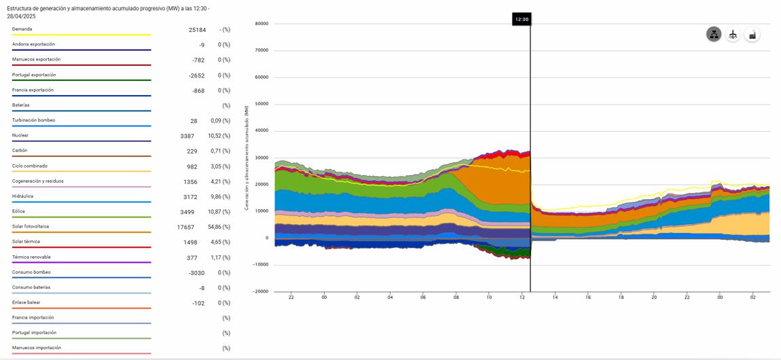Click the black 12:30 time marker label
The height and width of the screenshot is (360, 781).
[x=522, y=19]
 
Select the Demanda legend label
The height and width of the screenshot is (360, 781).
[x=22, y=29]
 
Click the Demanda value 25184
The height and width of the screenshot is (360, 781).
[x=196, y=30]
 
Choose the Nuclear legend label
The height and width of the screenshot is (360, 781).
[x=20, y=135]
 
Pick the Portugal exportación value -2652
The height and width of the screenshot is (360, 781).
[x=196, y=75]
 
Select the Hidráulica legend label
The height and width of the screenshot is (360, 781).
[x=23, y=196]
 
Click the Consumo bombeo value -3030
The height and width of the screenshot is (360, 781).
[x=195, y=272]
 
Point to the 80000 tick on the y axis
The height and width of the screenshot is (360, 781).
[x=261, y=24]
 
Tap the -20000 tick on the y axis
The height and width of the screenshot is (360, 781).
[x=260, y=291]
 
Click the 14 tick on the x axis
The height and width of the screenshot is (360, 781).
[x=555, y=297]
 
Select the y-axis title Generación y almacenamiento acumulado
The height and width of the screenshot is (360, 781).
[x=247, y=157]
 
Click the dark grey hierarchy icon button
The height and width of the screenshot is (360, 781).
[x=713, y=35]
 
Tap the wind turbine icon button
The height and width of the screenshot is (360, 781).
[x=732, y=35]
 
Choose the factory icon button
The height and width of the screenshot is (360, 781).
[x=752, y=35]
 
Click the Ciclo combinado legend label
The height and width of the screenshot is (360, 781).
[x=30, y=166]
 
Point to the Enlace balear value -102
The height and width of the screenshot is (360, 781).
[x=198, y=303]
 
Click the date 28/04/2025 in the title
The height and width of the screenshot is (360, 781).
[x=22, y=16]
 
